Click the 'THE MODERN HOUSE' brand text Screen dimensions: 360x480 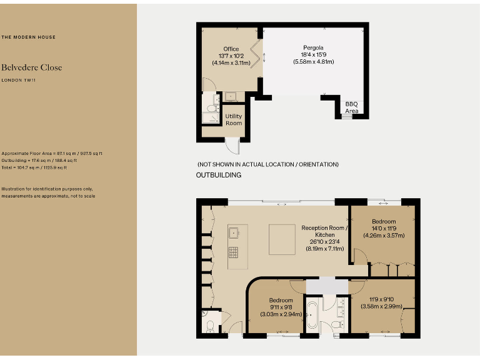pyautogui.click(x=28, y=37)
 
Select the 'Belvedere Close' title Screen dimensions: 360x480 pyautogui.click(x=31, y=67)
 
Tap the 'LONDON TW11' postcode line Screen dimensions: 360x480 pyautogui.click(x=19, y=80)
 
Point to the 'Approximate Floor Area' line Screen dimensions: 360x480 pyautogui.click(x=52, y=153)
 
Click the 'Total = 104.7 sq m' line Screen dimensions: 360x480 pyautogui.click(x=34, y=167)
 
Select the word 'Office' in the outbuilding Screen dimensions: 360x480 pyautogui.click(x=231, y=49)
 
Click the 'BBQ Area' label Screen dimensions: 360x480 pyautogui.click(x=352, y=107)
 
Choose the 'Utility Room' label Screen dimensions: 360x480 pyautogui.click(x=233, y=119)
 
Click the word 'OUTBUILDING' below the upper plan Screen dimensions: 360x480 pyautogui.click(x=219, y=176)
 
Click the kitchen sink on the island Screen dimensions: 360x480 pyautogui.click(x=236, y=232)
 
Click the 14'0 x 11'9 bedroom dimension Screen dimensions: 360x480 pyautogui.click(x=384, y=229)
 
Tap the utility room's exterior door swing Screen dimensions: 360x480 pyautogui.click(x=232, y=146)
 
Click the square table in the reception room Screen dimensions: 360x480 pyautogui.click(x=282, y=239)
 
